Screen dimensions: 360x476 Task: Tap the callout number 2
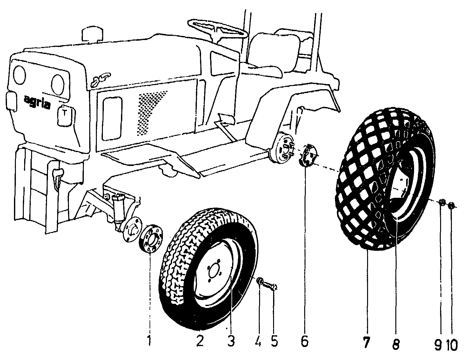(x=199, y=341)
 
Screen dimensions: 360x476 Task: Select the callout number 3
(x=231, y=341)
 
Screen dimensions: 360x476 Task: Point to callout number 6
(x=305, y=341)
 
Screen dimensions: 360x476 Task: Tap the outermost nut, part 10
(x=452, y=206)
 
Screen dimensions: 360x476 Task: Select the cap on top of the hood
(x=92, y=34)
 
